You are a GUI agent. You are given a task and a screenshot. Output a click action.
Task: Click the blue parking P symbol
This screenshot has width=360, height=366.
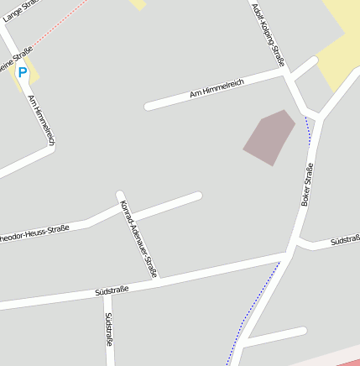tap(23, 73)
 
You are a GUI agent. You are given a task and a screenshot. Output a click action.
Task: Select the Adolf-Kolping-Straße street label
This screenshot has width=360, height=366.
tap(268, 34)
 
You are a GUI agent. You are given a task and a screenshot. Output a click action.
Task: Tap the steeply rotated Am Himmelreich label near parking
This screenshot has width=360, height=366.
tap(41, 119)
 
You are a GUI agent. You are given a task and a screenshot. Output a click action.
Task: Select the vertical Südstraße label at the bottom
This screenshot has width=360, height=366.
tap(108, 330)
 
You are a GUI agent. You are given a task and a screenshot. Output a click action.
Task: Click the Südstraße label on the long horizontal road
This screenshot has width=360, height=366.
tap(112, 290)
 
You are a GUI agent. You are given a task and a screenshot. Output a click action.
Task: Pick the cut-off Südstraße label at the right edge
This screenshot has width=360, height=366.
tap(344, 241)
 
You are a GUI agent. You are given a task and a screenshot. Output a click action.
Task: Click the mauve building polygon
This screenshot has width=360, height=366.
tap(269, 137)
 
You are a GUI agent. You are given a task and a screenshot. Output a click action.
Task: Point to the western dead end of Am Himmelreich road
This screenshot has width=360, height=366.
tap(149, 107)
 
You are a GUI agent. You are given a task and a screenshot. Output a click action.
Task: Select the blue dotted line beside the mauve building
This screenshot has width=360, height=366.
tap(309, 131)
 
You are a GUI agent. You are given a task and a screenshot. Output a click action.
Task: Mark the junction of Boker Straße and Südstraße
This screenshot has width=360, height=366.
tap(291, 249)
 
